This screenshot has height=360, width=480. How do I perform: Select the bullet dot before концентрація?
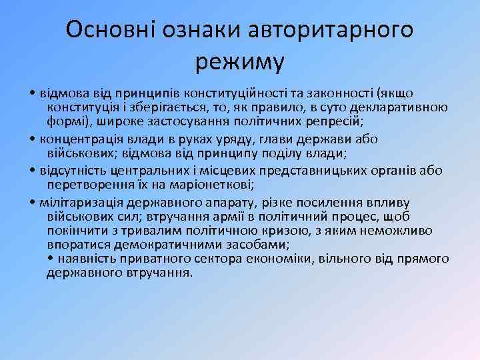pos(33,139)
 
